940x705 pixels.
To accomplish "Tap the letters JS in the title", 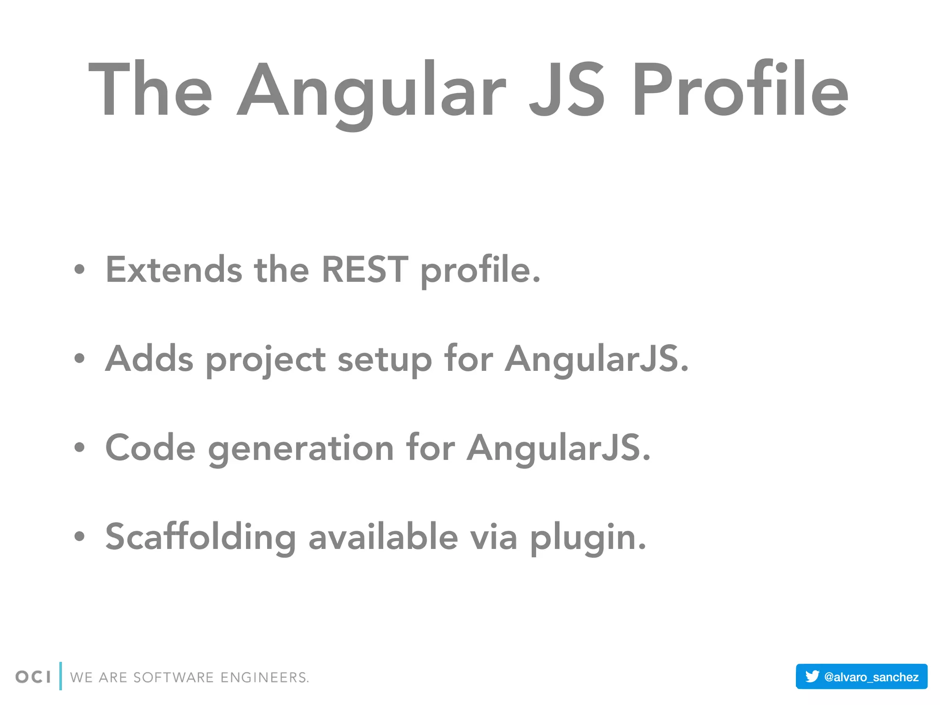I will click(x=567, y=90).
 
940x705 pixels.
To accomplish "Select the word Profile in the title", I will click(x=740, y=90).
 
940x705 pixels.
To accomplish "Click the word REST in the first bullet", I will click(x=364, y=269).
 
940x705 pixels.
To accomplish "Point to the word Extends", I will click(x=173, y=269).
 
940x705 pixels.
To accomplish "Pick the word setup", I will click(x=385, y=359).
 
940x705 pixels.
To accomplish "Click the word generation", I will click(x=301, y=448).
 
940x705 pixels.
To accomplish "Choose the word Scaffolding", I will click(x=201, y=537).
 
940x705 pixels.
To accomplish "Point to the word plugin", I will click(x=588, y=537).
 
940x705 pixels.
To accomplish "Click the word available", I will click(x=383, y=537).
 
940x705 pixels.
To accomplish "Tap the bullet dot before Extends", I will click(x=79, y=269).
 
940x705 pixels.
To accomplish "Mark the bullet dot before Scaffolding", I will click(x=79, y=536).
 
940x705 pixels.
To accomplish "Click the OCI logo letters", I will click(x=33, y=677).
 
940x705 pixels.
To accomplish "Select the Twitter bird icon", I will click(x=812, y=676).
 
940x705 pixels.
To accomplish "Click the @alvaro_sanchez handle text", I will click(x=871, y=677).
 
